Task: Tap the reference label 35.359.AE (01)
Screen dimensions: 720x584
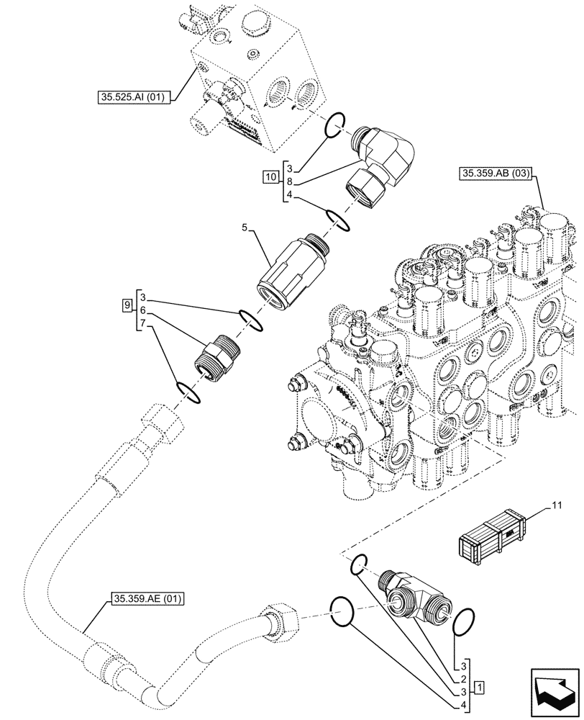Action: pyautogui.click(x=147, y=598)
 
